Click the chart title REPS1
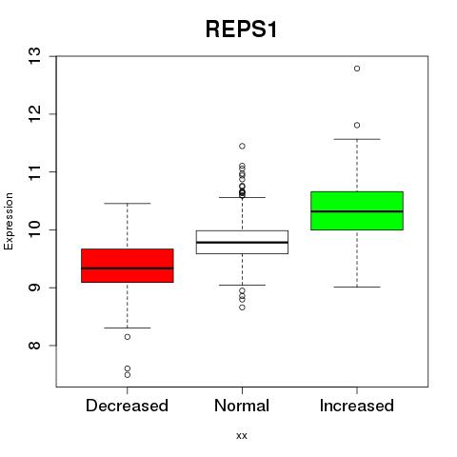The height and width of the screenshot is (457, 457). (241, 30)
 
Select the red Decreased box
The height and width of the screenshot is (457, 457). (128, 266)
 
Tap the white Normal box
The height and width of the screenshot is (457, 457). (242, 242)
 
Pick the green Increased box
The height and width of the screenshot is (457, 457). (357, 210)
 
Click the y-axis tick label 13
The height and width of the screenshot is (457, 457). (34, 56)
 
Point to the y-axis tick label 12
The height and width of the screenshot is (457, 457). (34, 114)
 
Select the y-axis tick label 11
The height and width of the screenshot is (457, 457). (34, 171)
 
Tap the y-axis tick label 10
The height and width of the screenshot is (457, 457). (34, 229)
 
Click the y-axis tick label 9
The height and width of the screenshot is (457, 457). (34, 288)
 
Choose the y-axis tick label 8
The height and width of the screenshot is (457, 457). (34, 346)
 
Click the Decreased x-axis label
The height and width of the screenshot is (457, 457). (127, 406)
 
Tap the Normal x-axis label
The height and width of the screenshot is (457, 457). (242, 406)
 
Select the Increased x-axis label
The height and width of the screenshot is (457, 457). (357, 406)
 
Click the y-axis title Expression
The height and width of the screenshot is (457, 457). (9, 221)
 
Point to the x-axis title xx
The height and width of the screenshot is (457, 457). (242, 436)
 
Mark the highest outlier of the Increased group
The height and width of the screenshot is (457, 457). (357, 69)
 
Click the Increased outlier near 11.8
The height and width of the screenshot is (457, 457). (357, 126)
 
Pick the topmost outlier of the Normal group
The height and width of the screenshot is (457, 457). (242, 146)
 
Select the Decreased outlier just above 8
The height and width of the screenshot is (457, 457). (128, 337)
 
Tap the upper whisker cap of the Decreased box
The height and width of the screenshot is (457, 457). (128, 203)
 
